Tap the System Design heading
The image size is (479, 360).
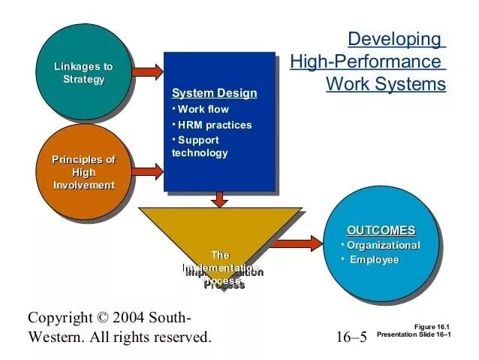coord(214,94)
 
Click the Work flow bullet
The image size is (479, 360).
coord(203,110)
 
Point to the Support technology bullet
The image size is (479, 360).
coord(199,147)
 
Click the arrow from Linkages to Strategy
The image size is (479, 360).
coord(149,72)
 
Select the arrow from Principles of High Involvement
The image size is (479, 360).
coord(149,171)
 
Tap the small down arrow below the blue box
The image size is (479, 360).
coord(219,199)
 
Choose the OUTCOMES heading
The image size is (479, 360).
coord(381,230)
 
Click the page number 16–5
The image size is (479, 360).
coord(351,337)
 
